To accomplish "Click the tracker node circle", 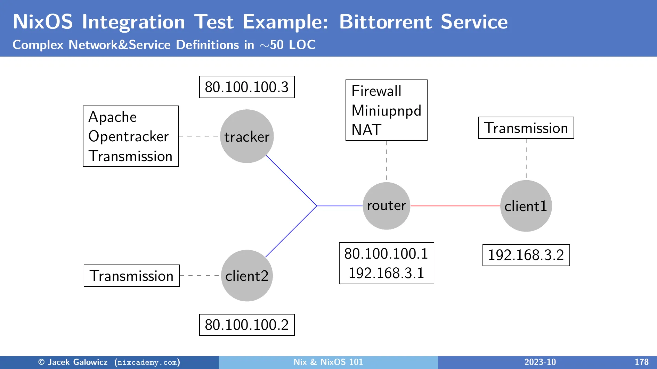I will pyautogui.click(x=247, y=136).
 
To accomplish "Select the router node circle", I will pyautogui.click(x=386, y=206).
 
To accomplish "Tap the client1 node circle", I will pyautogui.click(x=526, y=206).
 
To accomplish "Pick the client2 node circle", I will pyautogui.click(x=247, y=276).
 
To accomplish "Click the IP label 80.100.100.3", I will pyautogui.click(x=247, y=87).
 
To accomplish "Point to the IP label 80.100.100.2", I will pyautogui.click(x=247, y=325).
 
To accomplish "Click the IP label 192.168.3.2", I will pyautogui.click(x=526, y=255).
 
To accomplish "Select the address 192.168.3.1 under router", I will pyautogui.click(x=386, y=273).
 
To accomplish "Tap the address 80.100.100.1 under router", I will pyautogui.click(x=386, y=254).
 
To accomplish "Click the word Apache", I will pyautogui.click(x=113, y=117).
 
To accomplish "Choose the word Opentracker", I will pyautogui.click(x=128, y=136).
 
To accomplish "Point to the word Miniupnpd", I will pyautogui.click(x=386, y=110).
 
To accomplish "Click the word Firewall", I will pyautogui.click(x=376, y=91).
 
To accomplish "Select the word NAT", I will pyautogui.click(x=366, y=130).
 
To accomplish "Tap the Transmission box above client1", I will pyautogui.click(x=526, y=128).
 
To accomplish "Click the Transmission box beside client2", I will pyautogui.click(x=131, y=276).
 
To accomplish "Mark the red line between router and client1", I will pyautogui.click(x=455, y=206).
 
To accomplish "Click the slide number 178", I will pyautogui.click(x=641, y=362).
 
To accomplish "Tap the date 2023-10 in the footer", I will pyautogui.click(x=540, y=362).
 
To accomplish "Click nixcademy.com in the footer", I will pyautogui.click(x=147, y=362).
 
